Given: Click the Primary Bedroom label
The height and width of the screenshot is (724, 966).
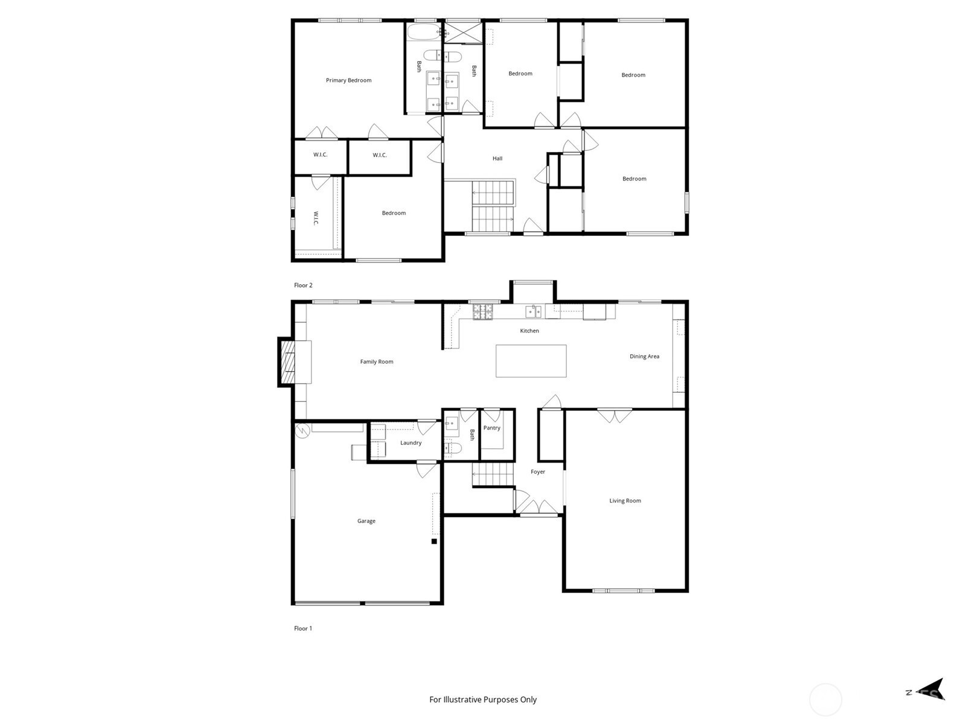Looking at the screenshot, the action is point(348,80).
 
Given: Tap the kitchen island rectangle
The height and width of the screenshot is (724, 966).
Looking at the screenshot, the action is point(531,361).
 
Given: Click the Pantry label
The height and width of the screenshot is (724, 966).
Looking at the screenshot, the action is point(491,428).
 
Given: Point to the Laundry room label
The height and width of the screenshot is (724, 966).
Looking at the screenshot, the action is point(411,443).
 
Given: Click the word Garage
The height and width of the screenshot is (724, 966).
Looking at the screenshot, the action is point(366,521).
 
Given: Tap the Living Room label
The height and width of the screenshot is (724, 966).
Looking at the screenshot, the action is point(625,501).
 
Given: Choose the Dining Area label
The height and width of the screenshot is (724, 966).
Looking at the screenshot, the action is point(644,357).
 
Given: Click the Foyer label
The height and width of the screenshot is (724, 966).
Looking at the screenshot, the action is point(538,472).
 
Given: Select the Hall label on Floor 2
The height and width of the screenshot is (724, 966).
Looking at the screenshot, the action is point(497,158).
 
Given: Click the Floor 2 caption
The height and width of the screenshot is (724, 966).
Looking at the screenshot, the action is point(303,285).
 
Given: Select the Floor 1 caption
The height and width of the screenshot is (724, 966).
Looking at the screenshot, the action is point(303,628).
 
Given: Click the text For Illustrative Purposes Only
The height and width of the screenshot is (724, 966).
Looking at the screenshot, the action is point(483,699).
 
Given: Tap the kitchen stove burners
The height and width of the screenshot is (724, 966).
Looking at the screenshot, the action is point(483,312).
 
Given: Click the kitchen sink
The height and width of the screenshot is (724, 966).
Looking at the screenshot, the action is point(533,312).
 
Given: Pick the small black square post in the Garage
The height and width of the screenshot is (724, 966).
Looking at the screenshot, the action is point(434,541).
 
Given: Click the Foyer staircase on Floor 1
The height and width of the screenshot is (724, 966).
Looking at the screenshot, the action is point(493,474).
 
